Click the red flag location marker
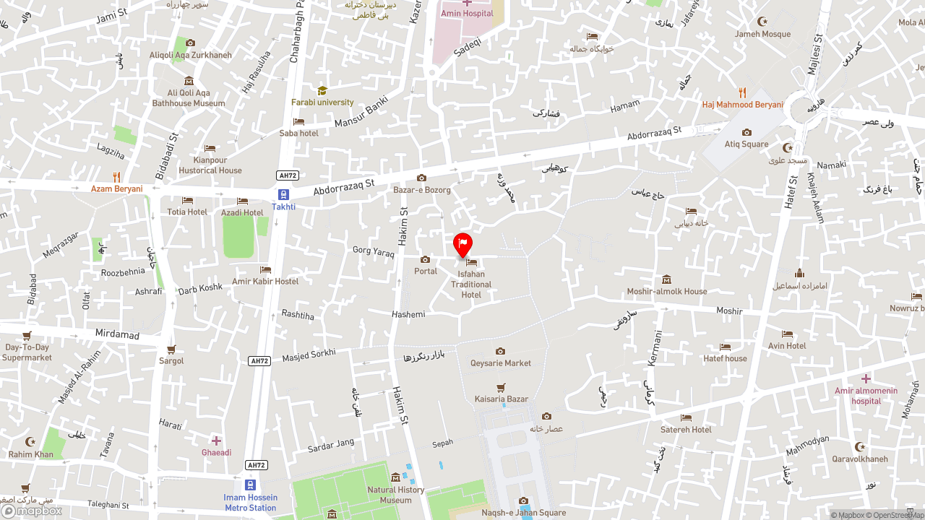(x=462, y=244)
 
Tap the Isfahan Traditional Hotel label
(x=471, y=285)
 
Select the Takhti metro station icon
(x=283, y=194)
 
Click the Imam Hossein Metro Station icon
(x=250, y=485)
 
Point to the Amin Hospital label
(x=467, y=14)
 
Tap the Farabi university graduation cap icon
(x=322, y=90)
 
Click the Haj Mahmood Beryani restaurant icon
(x=742, y=92)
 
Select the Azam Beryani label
(x=116, y=189)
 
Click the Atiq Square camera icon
(x=747, y=132)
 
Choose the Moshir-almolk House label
(x=666, y=292)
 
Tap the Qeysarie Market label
(x=500, y=363)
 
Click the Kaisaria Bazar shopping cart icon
(x=501, y=388)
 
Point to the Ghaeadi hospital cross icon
(x=216, y=441)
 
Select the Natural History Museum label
(x=395, y=495)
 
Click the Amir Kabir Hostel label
(x=265, y=282)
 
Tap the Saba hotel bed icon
(x=298, y=121)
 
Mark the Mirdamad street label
(x=117, y=334)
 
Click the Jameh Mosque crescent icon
(x=762, y=22)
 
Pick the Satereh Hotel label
(x=686, y=430)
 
